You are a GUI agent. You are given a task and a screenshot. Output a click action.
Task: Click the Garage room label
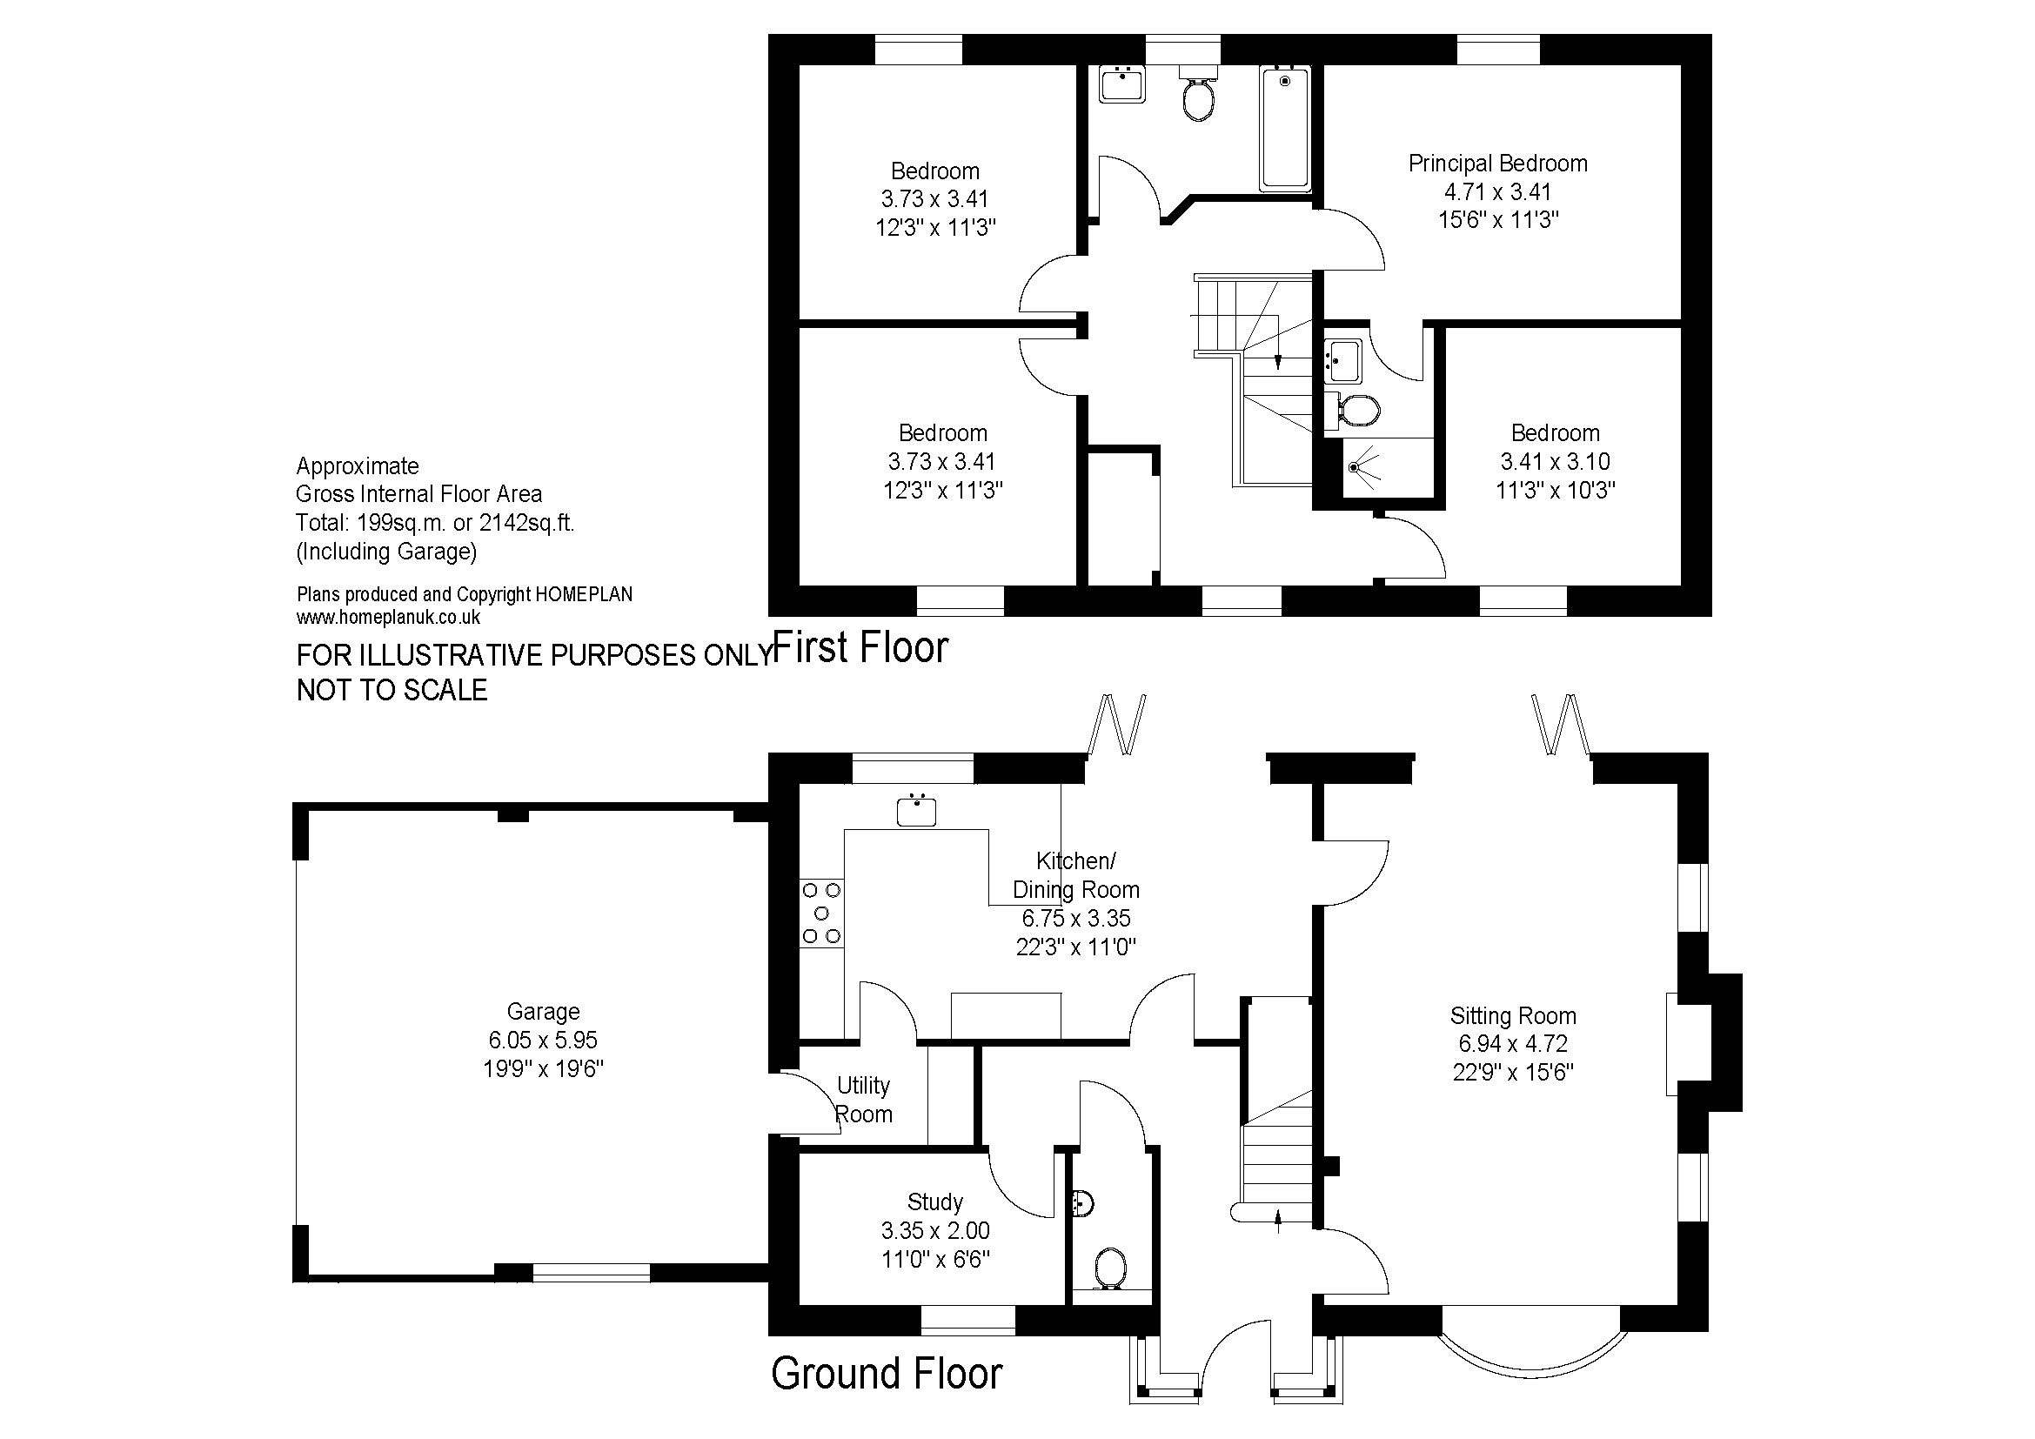click(x=543, y=1011)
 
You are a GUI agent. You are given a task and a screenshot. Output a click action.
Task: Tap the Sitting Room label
click(x=1513, y=1015)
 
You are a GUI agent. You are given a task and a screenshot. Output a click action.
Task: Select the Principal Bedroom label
click(x=1498, y=163)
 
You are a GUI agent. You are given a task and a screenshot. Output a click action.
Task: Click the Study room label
click(x=935, y=1201)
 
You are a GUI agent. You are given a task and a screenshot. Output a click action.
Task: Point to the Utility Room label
click(x=863, y=1100)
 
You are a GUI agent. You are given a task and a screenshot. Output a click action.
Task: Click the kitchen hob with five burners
click(x=821, y=913)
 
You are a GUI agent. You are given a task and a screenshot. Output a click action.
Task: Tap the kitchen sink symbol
click(x=916, y=810)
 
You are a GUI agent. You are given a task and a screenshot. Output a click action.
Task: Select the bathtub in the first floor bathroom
click(x=1285, y=130)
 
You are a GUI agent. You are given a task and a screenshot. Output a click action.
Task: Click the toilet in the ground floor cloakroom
click(x=1110, y=1268)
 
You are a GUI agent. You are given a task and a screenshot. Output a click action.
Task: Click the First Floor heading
click(x=860, y=646)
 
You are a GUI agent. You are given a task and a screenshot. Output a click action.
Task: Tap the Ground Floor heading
click(x=887, y=1374)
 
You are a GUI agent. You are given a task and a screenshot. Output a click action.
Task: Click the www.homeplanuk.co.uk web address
click(x=388, y=618)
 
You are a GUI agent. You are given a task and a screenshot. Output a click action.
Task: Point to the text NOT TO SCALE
click(x=392, y=690)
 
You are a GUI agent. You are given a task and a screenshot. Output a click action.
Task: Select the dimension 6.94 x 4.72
click(x=1513, y=1044)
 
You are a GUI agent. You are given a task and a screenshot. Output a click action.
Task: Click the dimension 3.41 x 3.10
click(x=1555, y=462)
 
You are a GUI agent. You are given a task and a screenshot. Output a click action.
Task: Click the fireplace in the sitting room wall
click(x=1704, y=1043)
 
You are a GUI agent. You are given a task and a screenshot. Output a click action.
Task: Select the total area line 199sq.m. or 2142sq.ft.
click(x=435, y=523)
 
